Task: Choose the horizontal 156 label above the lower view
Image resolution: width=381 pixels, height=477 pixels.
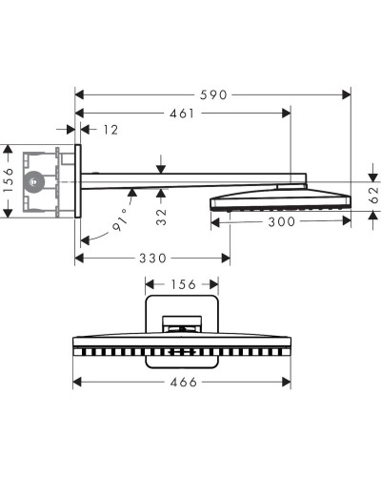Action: (183, 283)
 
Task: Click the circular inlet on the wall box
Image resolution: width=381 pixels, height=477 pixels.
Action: (35, 179)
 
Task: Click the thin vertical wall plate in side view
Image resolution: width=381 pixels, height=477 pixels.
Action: (79, 181)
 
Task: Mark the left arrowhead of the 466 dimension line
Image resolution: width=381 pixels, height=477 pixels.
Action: (79, 383)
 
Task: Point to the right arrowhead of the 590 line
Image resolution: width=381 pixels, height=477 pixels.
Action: (349, 95)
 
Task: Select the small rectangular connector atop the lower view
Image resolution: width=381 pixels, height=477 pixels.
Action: (183, 323)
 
